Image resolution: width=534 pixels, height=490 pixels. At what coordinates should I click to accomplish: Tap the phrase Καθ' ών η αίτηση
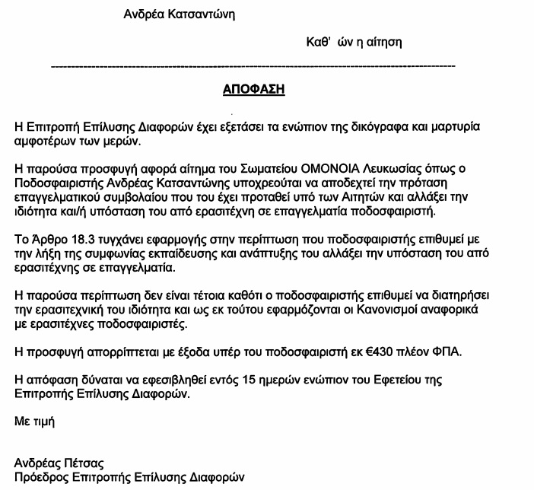(x=348, y=41)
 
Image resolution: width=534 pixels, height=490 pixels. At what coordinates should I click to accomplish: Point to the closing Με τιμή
(x=34, y=419)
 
